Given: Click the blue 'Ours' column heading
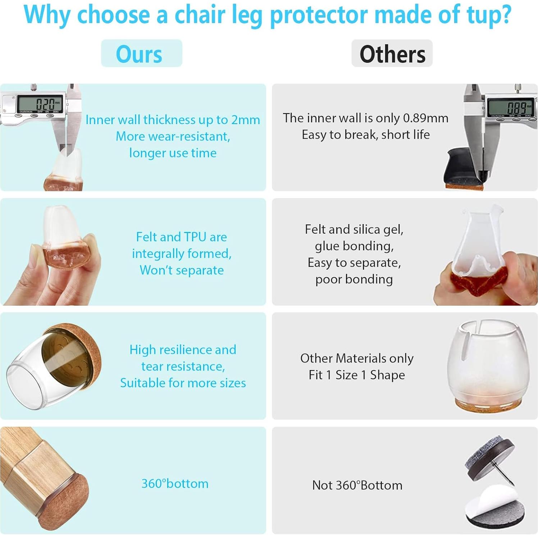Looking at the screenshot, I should pyautogui.click(x=139, y=54).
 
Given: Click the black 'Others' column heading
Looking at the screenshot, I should pyautogui.click(x=392, y=54).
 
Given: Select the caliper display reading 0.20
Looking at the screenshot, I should pyautogui.click(x=40, y=105).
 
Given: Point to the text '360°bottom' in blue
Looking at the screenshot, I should pyautogui.click(x=175, y=484).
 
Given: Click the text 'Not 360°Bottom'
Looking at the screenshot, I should pyautogui.click(x=357, y=485).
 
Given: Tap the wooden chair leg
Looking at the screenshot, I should pyautogui.click(x=32, y=460).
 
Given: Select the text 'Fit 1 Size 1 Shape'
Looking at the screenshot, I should pyautogui.click(x=357, y=375).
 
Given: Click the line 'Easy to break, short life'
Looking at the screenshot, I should pyautogui.click(x=366, y=135).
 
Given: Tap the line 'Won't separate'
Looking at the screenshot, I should pyautogui.click(x=182, y=270).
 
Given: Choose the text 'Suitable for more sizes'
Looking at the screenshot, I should pyautogui.click(x=183, y=383).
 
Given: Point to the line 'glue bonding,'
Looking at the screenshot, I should pyautogui.click(x=354, y=246).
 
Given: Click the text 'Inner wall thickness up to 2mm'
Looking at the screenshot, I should pyautogui.click(x=173, y=120).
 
